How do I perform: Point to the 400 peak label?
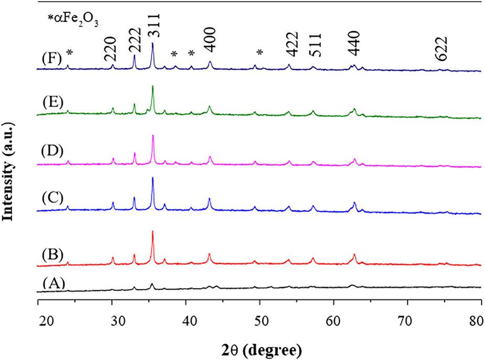pos(211,41)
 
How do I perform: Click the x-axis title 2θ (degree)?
pos(260,347)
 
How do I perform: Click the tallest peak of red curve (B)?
pos(153,232)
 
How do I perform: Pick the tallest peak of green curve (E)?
pos(153,87)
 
